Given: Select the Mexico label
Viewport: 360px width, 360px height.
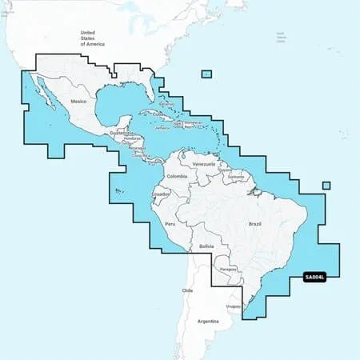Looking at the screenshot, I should pos(78,102).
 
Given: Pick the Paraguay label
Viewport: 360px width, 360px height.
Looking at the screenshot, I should pos(230,270).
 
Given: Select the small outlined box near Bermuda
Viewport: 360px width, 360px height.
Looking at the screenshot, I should pos(206,74).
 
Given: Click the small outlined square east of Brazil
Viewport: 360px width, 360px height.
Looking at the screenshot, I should pos(326,186).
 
